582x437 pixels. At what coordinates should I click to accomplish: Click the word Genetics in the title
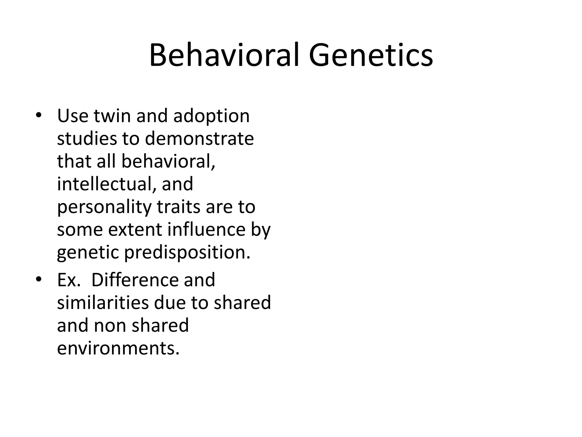point(371,55)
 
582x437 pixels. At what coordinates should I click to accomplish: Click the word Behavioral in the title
point(224,55)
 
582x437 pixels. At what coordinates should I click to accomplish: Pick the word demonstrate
point(199,139)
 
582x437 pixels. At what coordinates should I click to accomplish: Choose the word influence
point(206,229)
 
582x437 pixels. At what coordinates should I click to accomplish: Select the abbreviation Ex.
point(68,280)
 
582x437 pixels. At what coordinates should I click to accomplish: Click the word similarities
point(103,303)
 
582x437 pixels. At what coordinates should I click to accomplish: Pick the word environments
point(118,348)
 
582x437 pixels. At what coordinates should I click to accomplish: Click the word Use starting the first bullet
point(72,116)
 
